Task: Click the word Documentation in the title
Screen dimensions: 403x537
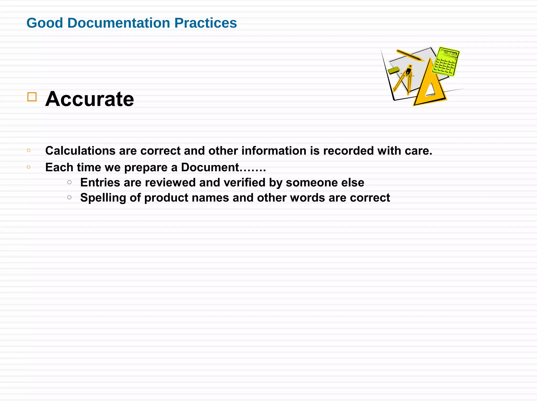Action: pos(119,23)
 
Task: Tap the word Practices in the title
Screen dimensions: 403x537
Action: pos(206,23)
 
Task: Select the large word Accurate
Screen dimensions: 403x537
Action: pos(89,99)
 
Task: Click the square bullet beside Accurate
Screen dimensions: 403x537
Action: pos(32,97)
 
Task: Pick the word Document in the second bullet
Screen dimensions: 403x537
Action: pos(210,167)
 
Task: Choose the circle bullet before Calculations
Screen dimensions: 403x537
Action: pos(29,150)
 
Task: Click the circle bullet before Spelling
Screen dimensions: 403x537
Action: pos(69,197)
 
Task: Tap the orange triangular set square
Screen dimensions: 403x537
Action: pos(430,87)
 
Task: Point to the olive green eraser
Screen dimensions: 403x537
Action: pos(394,70)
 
